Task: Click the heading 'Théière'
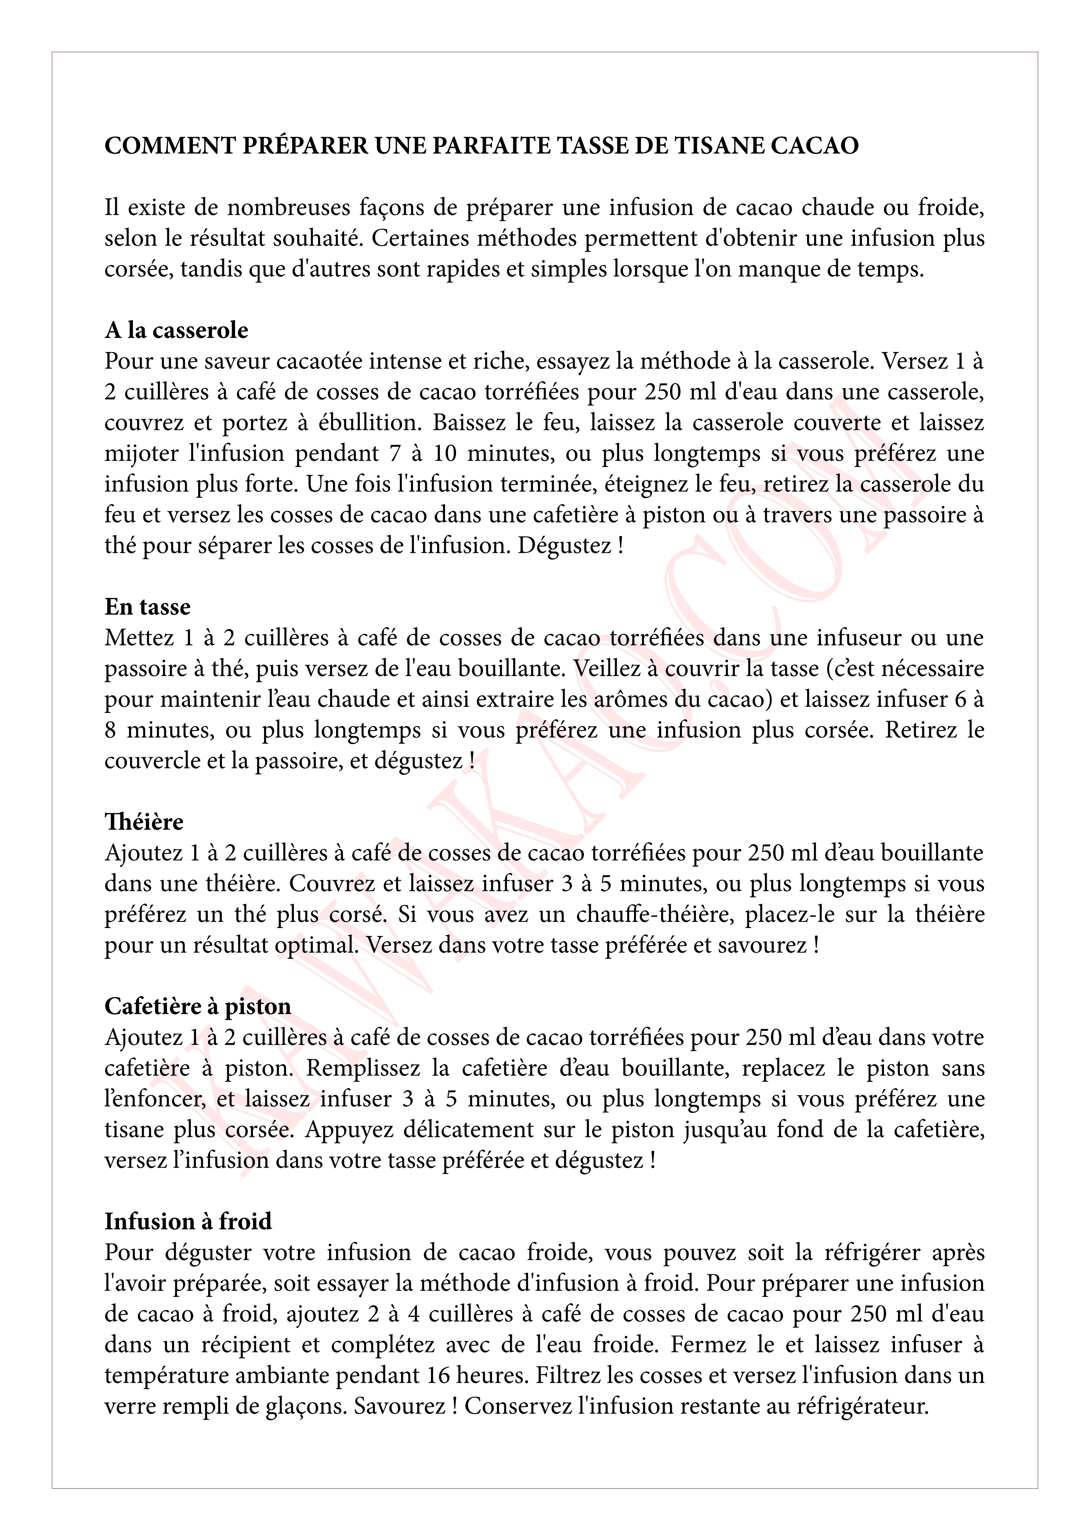144,822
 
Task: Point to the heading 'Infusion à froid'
188,1221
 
